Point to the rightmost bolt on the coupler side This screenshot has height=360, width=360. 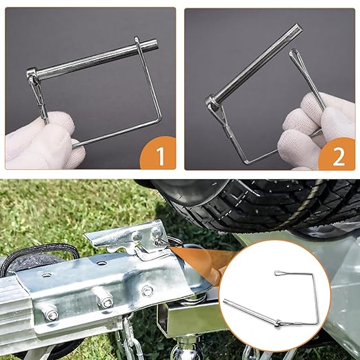147,290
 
